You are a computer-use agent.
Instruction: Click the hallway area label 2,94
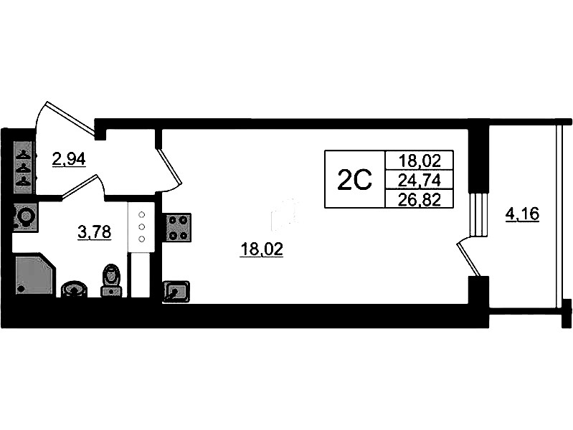pos(69,159)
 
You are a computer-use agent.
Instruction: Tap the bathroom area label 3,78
pos(94,231)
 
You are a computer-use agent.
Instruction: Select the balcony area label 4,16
pos(522,214)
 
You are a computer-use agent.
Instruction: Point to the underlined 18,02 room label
pos(261,249)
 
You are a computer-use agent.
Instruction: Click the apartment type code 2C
pos(354,180)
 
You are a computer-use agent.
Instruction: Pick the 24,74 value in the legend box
pos(420,180)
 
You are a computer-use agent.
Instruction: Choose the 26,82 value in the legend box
pos(420,199)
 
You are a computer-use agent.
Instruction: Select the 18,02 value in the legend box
pos(420,161)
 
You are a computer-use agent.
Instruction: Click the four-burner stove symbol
pos(179,228)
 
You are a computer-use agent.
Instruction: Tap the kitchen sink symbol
pos(176,292)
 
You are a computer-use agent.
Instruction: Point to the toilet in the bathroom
pos(111,280)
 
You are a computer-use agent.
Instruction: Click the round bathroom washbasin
pos(74,290)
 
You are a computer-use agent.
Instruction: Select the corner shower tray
pos(34,274)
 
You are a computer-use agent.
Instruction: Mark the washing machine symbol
pos(25,216)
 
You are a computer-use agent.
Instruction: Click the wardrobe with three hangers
pos(24,167)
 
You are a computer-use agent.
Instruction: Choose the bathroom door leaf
pos(80,187)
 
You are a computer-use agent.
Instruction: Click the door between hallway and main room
pos(170,166)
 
